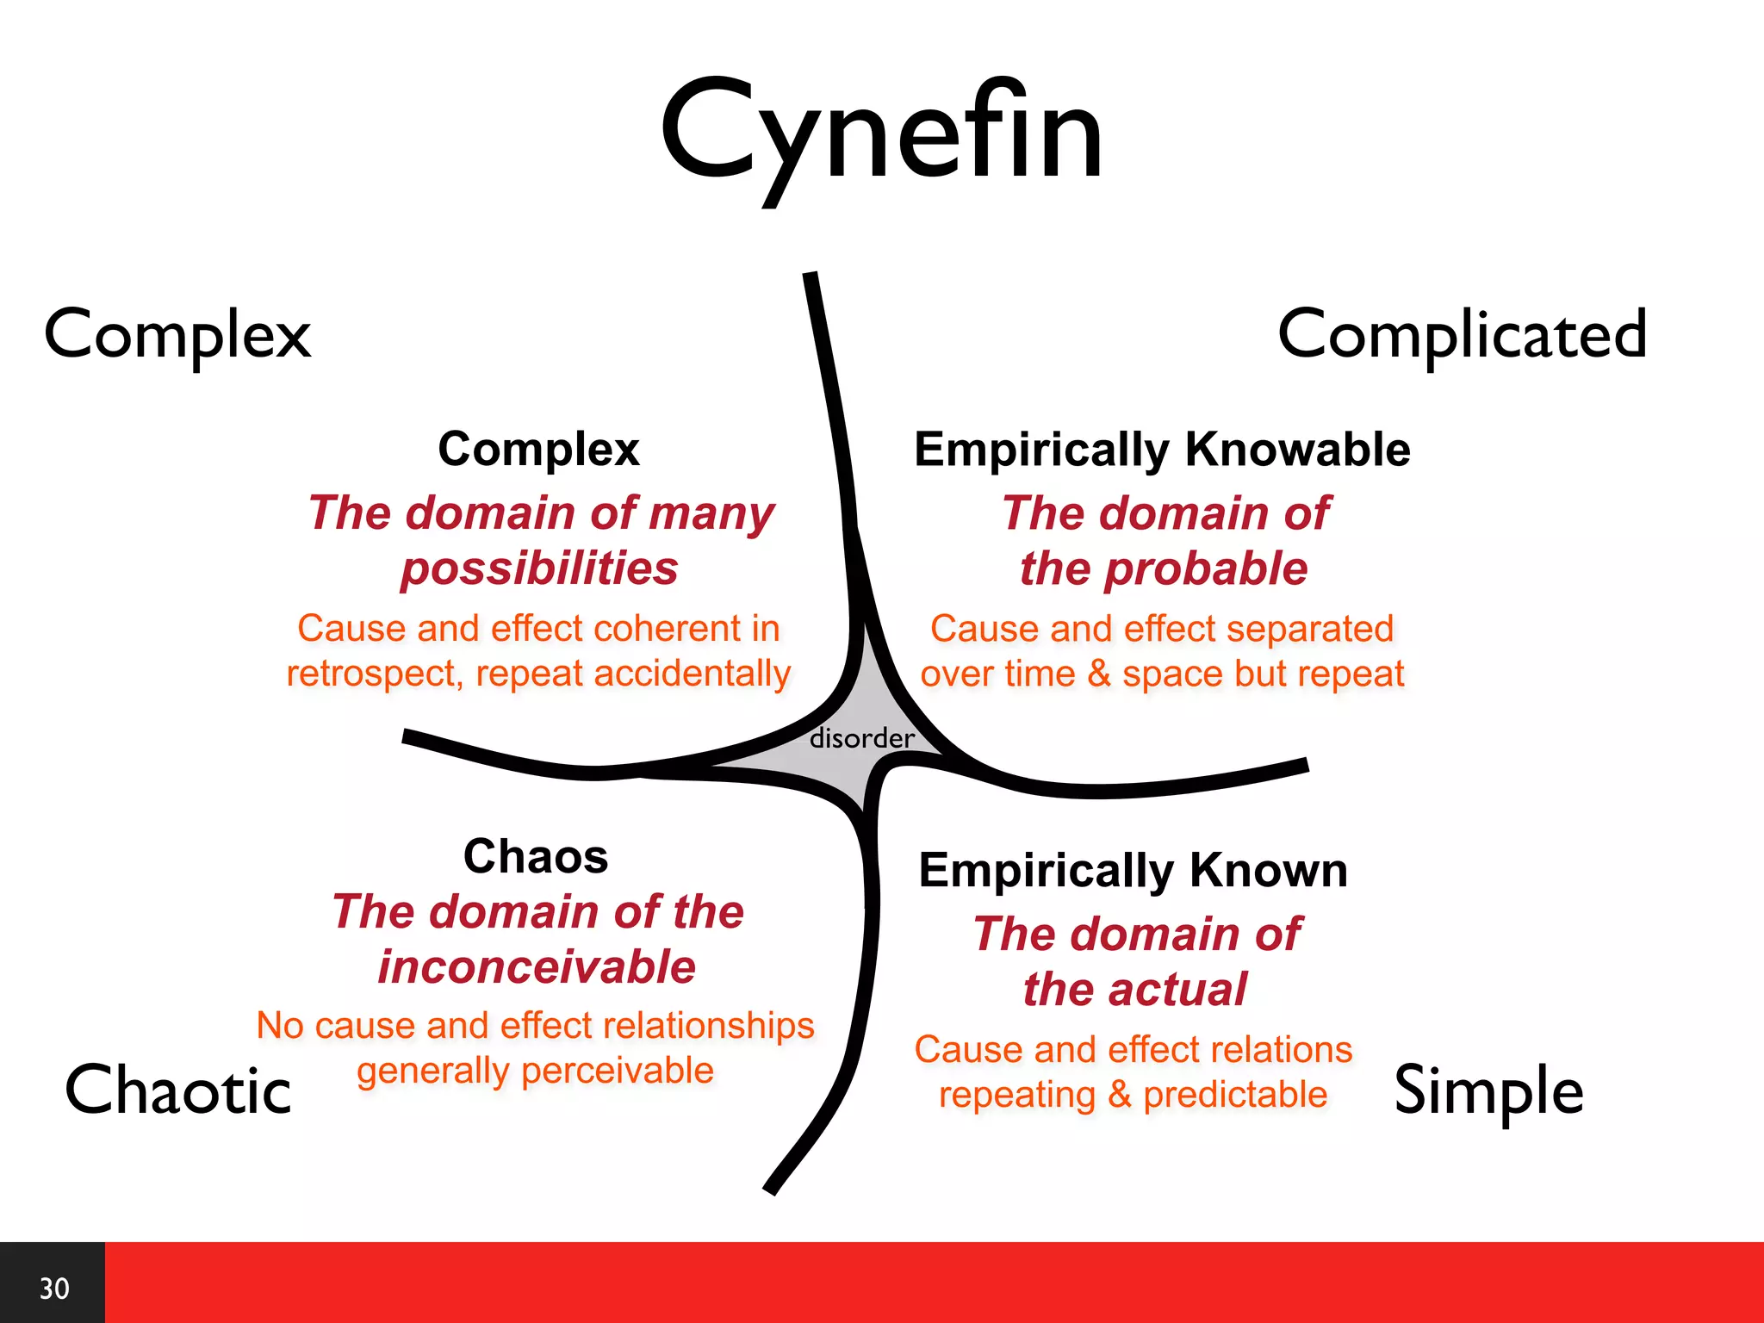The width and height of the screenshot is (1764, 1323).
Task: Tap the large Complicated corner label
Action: point(1462,334)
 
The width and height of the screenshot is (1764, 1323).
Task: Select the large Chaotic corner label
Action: point(178,1090)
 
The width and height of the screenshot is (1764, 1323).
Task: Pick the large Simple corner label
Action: point(1488,1090)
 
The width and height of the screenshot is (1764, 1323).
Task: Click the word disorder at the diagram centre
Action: point(861,738)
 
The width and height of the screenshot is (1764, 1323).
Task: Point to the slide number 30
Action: point(54,1289)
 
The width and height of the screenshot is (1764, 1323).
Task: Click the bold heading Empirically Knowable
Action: point(1162,449)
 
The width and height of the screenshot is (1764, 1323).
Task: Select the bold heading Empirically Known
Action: point(1133,870)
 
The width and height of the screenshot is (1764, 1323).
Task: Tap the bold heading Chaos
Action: point(536,856)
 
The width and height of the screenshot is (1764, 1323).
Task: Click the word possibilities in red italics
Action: point(540,568)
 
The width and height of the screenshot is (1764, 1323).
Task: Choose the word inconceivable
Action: point(537,966)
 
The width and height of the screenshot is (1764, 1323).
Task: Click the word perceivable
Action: point(617,1071)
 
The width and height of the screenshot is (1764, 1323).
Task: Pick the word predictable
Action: point(1235,1095)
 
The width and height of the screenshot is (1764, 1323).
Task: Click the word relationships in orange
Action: point(709,1026)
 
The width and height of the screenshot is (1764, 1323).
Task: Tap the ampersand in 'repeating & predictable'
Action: point(1120,1095)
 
